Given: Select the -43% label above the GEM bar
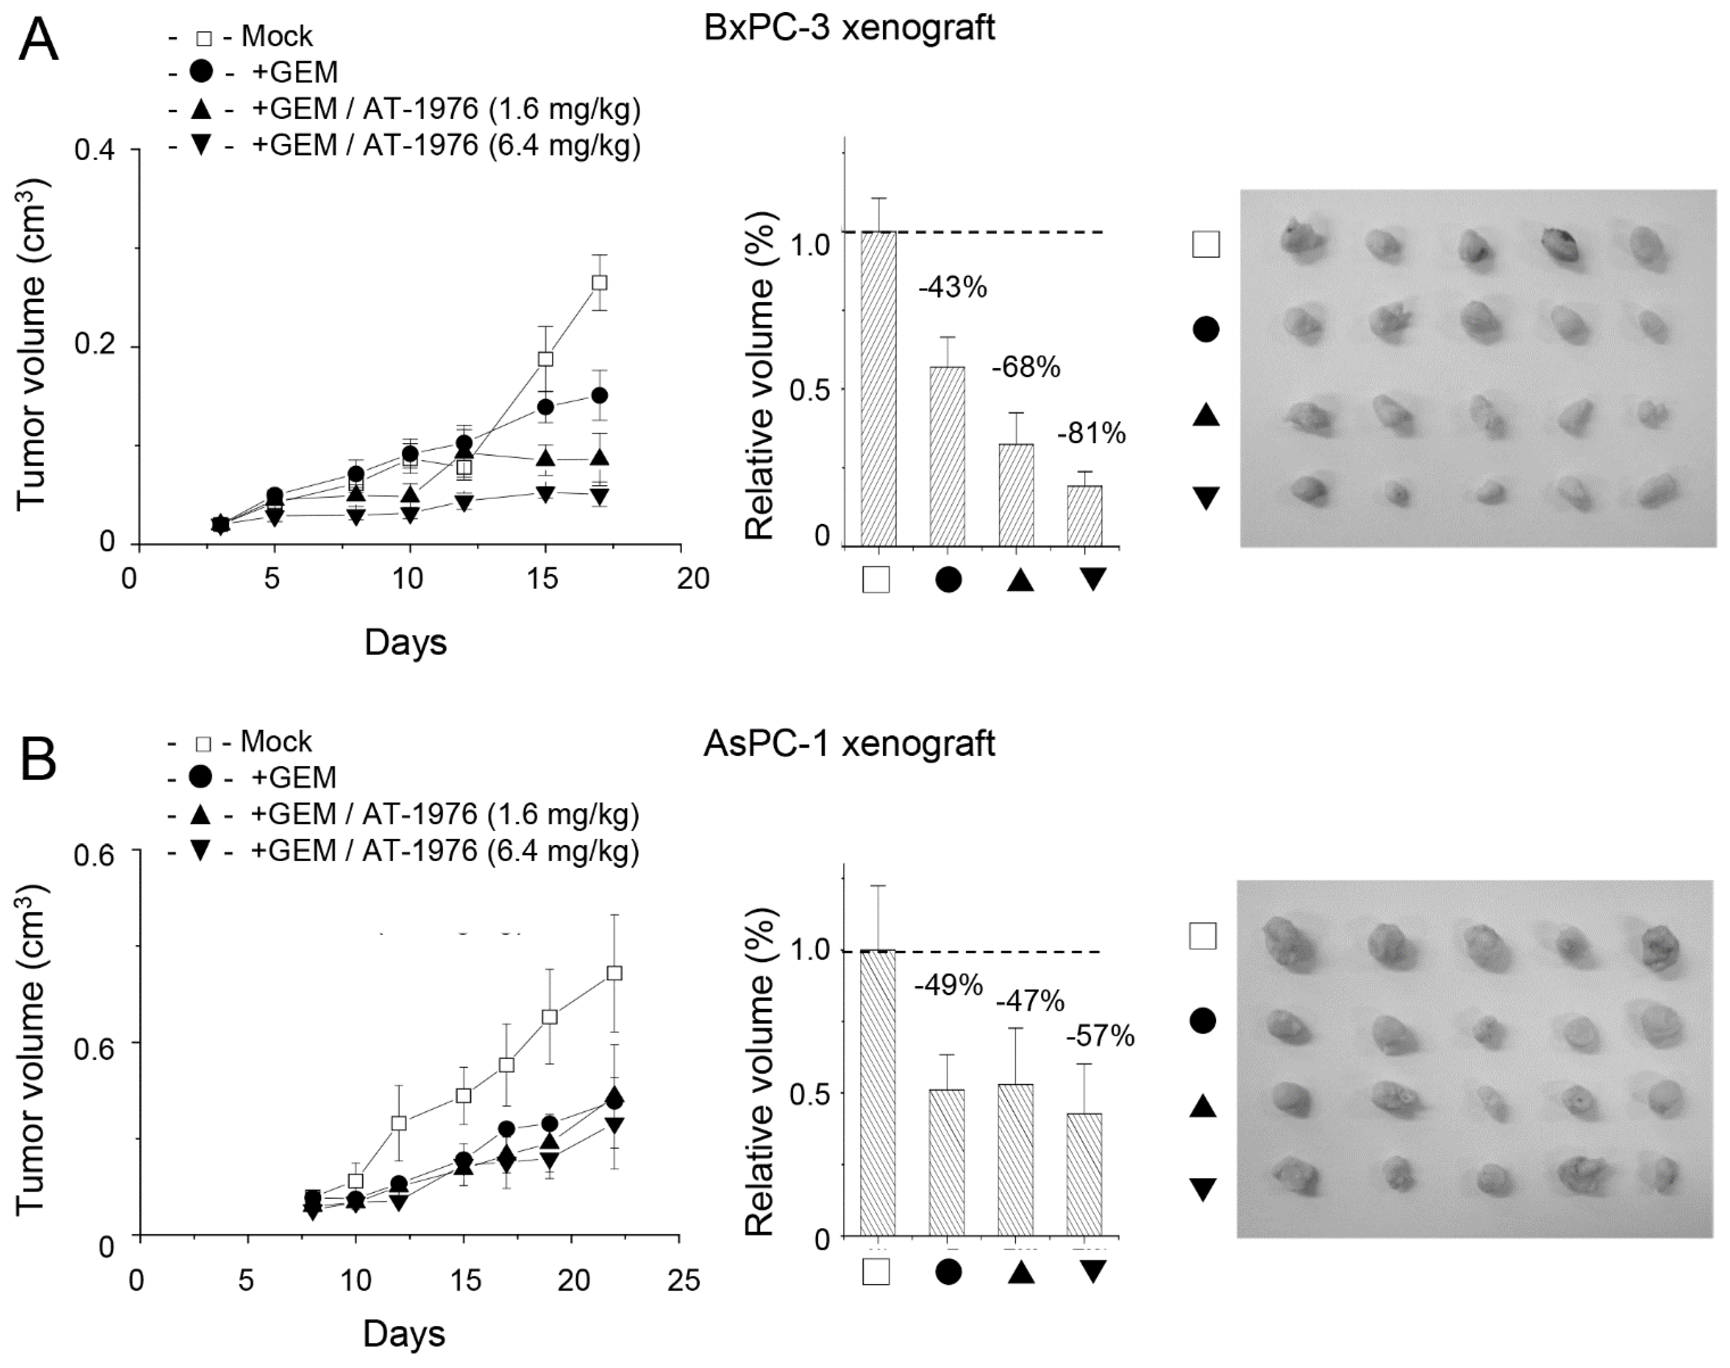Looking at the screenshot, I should (x=952, y=287).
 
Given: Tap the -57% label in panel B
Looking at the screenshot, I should (x=1100, y=1036).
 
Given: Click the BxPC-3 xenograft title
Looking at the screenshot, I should (x=849, y=28).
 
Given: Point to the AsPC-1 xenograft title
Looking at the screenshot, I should (x=849, y=743).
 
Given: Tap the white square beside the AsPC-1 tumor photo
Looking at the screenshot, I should (x=1203, y=936).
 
